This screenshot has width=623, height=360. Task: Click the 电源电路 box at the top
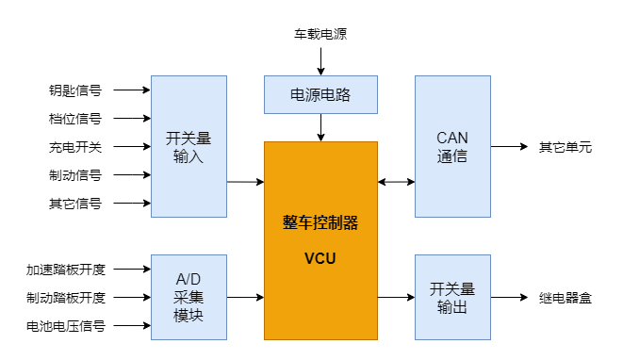320,94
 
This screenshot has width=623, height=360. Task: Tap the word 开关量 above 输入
189,139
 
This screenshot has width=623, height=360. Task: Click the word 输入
189,156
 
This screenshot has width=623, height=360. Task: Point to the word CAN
452,139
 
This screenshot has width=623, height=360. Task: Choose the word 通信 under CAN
452,156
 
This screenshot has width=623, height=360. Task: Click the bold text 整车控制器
320,224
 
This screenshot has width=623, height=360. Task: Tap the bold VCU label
320,258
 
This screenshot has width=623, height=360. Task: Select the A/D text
189,280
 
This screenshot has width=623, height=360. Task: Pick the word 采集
189,298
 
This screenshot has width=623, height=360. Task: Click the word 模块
189,316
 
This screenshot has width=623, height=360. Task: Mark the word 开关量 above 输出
452,289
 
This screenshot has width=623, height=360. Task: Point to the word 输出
452,307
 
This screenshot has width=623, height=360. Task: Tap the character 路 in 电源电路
343,95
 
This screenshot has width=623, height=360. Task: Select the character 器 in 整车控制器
351,224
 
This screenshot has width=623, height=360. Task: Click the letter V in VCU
309,258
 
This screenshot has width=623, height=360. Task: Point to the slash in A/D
189,280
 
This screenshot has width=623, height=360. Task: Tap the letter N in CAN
463,139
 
